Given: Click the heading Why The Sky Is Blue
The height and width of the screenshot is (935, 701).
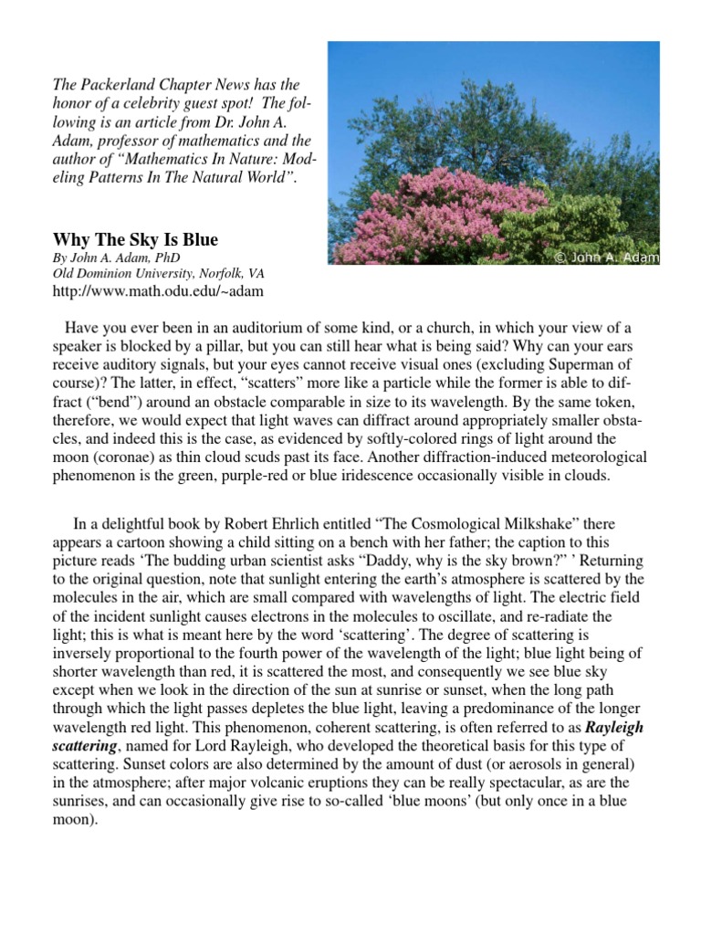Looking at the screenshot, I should click(135, 241).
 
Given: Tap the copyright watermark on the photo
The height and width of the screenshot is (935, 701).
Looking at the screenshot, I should click(606, 257).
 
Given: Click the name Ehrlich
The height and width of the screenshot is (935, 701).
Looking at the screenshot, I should click(344, 523).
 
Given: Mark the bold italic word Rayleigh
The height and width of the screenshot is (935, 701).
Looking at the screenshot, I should click(614, 729).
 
